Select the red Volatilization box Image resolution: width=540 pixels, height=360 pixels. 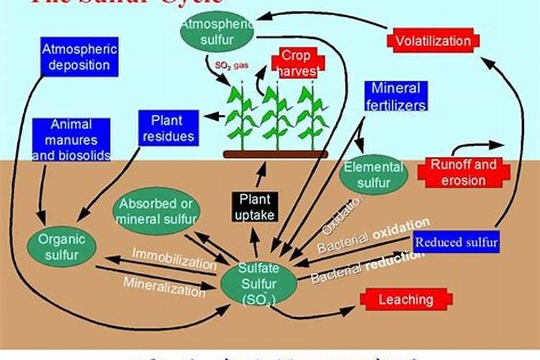[433, 40]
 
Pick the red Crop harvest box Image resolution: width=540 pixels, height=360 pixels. [296, 64]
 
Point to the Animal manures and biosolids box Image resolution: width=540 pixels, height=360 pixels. [71, 140]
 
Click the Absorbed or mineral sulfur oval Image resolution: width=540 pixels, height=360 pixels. [156, 210]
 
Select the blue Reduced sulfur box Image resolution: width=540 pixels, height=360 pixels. [457, 241]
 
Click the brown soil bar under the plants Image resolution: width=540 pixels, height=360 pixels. [276, 154]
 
